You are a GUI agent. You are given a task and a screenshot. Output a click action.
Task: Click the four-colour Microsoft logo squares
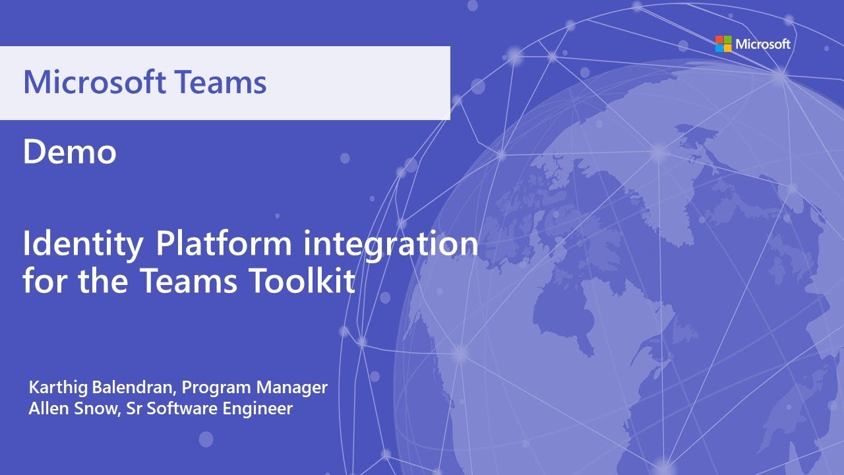point(723,44)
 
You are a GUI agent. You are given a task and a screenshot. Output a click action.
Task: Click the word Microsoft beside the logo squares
point(763,44)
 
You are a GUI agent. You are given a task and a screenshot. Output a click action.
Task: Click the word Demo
point(69,152)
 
